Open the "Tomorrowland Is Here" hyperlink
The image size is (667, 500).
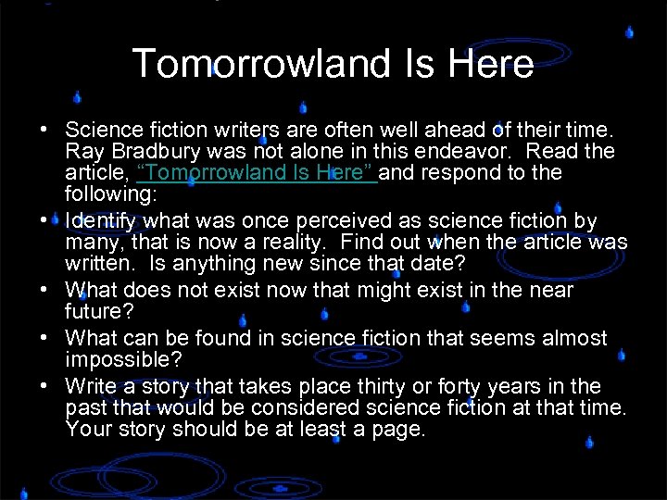[x=256, y=173]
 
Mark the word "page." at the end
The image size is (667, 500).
[x=400, y=430]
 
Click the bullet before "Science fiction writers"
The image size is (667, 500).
[x=44, y=129]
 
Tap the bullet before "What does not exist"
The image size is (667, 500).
[x=44, y=290]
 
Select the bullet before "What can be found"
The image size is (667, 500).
[x=44, y=338]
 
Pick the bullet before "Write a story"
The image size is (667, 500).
[x=44, y=386]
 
